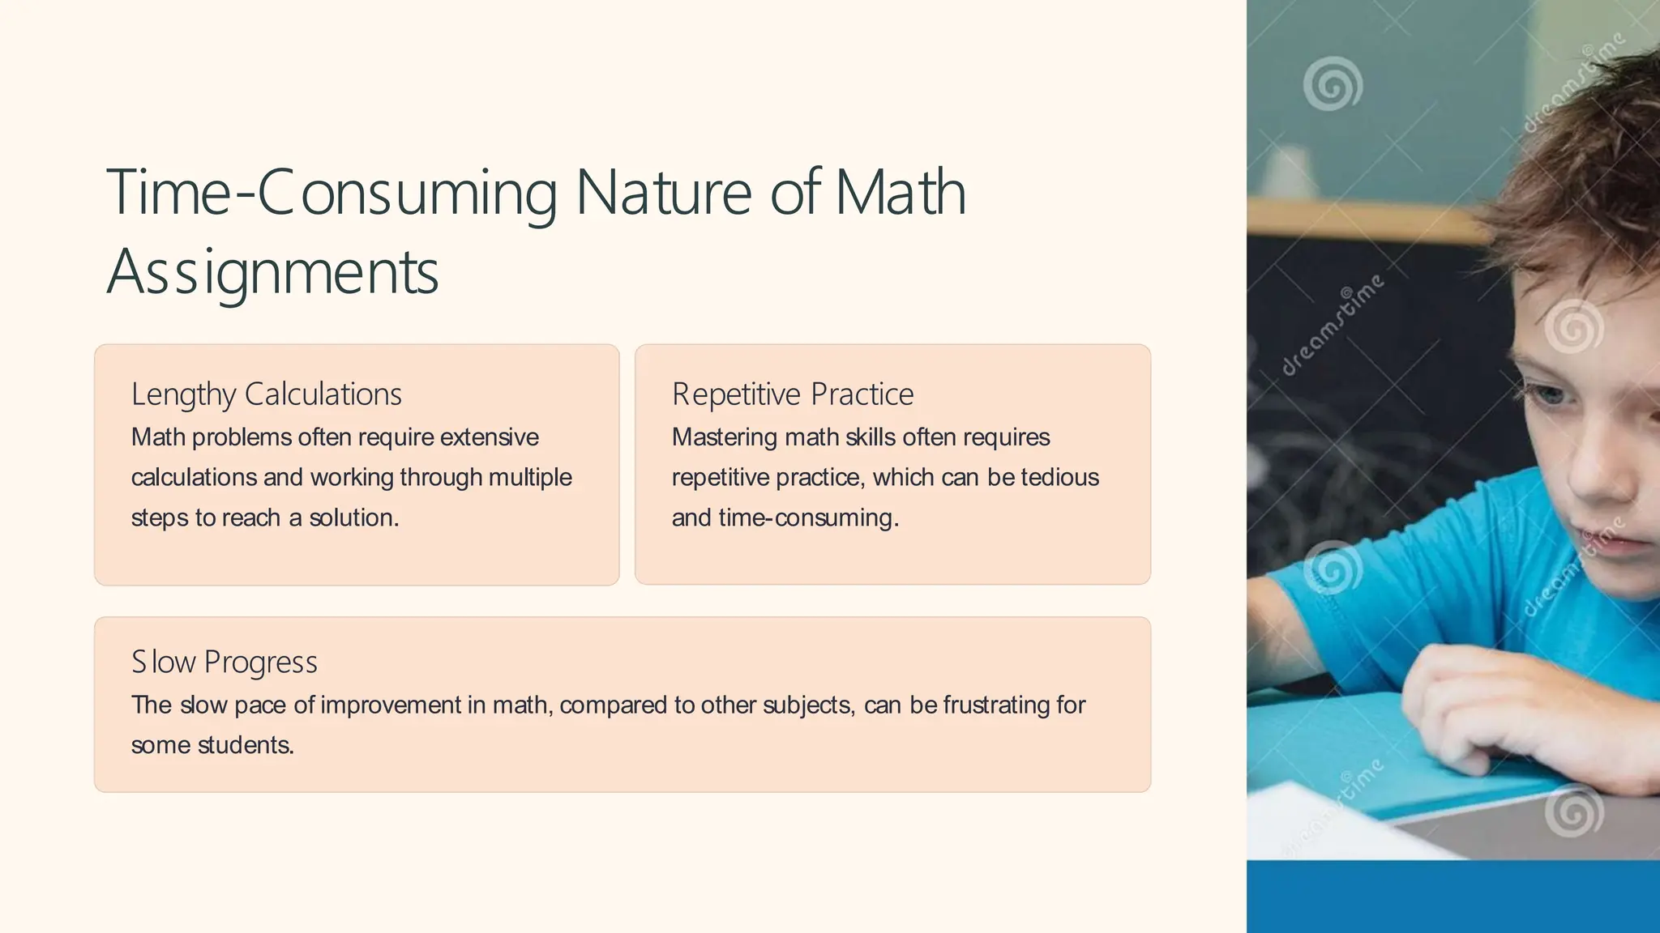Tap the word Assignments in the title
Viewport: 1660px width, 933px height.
(272, 272)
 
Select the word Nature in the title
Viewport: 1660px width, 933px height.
(663, 193)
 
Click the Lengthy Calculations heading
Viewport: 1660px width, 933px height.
(266, 394)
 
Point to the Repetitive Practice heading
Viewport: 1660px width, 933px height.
(792, 394)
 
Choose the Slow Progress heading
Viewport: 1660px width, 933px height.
(224, 662)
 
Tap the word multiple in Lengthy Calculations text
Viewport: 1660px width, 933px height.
(530, 478)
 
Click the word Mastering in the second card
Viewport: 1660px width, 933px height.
(725, 437)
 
